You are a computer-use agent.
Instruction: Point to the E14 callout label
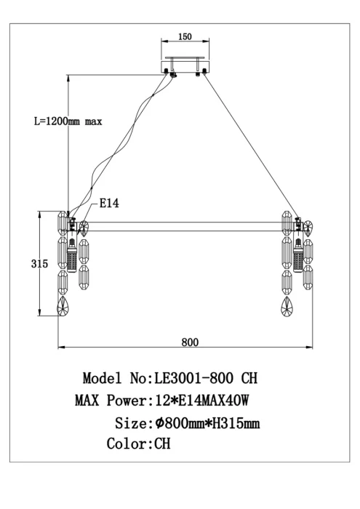109,204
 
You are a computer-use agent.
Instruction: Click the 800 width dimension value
191,341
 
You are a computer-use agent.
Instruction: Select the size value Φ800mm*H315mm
207,422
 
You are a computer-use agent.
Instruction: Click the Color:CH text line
138,444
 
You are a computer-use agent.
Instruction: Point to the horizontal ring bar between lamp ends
182,227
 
